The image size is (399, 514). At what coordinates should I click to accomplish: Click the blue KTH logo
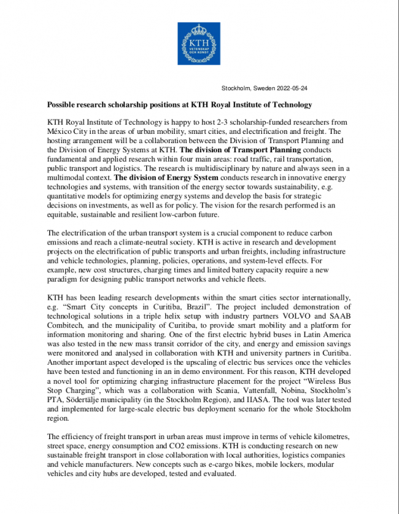coord(199,44)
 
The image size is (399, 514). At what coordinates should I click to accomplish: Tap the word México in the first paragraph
coord(61,131)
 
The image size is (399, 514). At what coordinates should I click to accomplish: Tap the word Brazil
coord(203,306)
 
